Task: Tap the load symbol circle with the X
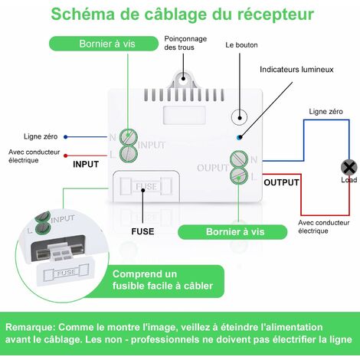tap(349, 167)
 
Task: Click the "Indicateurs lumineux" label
tap(296, 69)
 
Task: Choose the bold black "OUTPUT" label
tap(281, 182)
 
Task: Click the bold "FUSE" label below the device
tap(142, 230)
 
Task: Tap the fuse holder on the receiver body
tap(146, 187)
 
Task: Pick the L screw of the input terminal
tap(129, 153)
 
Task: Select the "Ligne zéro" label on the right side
tap(326, 112)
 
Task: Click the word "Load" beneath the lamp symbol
tap(349, 180)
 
